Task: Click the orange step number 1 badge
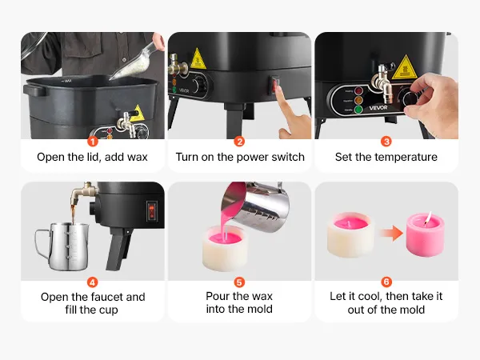(x=93, y=142)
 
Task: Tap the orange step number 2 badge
(x=239, y=142)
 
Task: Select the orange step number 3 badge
(x=386, y=142)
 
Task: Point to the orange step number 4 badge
(x=93, y=282)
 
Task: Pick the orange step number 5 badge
(x=239, y=282)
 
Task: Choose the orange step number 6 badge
(x=386, y=282)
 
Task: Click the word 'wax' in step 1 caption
(x=137, y=158)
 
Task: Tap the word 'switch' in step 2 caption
(x=287, y=157)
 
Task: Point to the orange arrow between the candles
(x=391, y=234)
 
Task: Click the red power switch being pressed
(x=275, y=85)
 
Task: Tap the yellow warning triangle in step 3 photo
(x=405, y=68)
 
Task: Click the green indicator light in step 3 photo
(x=358, y=110)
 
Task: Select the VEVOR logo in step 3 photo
(x=378, y=108)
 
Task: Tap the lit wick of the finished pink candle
(x=428, y=218)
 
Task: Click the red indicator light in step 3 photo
(x=358, y=91)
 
